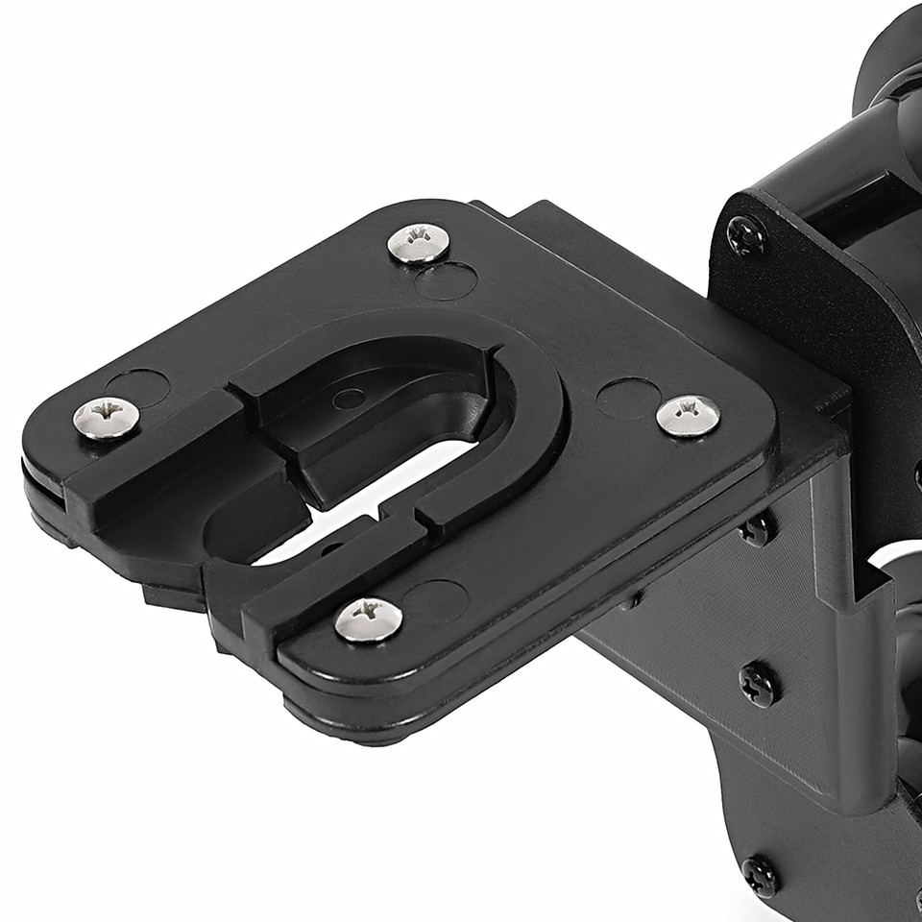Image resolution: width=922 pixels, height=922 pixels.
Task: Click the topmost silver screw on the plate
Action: click(419, 242)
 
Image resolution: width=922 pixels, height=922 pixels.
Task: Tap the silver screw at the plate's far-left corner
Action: click(107, 418)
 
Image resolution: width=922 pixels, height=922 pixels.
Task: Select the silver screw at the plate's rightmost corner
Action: click(689, 415)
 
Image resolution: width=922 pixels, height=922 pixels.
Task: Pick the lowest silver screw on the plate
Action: click(369, 619)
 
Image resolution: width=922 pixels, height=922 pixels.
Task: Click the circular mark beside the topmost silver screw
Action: click(447, 280)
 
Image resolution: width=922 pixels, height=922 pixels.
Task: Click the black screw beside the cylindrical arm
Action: click(746, 235)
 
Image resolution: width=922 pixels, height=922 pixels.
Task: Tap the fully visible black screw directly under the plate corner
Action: click(760, 684)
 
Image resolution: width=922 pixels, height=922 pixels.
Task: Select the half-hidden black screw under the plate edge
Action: click(759, 527)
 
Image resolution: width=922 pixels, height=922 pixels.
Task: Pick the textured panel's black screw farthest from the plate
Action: click(760, 684)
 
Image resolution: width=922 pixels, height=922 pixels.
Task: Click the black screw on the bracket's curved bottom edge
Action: click(761, 876)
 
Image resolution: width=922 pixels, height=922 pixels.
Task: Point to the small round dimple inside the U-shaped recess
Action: click(349, 399)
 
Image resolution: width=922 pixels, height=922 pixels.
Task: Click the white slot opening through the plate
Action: click(384, 499)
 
